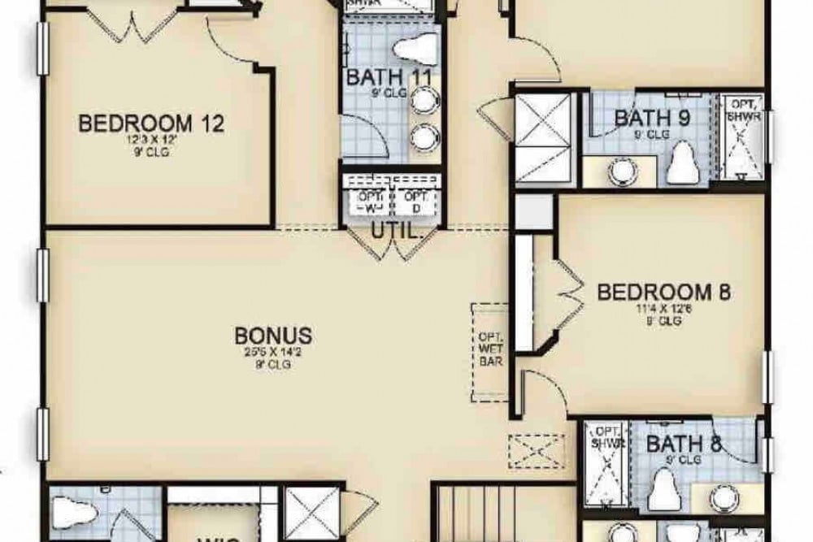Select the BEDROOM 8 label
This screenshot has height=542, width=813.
click(x=666, y=292)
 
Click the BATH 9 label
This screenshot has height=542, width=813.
click(x=652, y=117)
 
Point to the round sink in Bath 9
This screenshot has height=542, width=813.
click(x=622, y=171)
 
